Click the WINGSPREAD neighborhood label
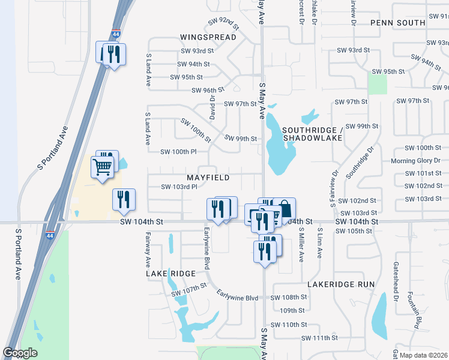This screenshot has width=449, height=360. [x=208, y=37]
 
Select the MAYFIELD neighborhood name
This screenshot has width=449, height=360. [x=208, y=178]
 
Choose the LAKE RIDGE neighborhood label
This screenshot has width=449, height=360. [x=170, y=274]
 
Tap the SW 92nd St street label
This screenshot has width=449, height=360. [x=223, y=24]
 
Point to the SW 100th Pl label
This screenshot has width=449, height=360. [x=178, y=152]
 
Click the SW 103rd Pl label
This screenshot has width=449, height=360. [x=179, y=187]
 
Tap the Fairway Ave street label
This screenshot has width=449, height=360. [x=147, y=250]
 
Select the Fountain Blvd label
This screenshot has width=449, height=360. [x=412, y=311]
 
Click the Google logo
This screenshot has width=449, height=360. [x=20, y=353]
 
